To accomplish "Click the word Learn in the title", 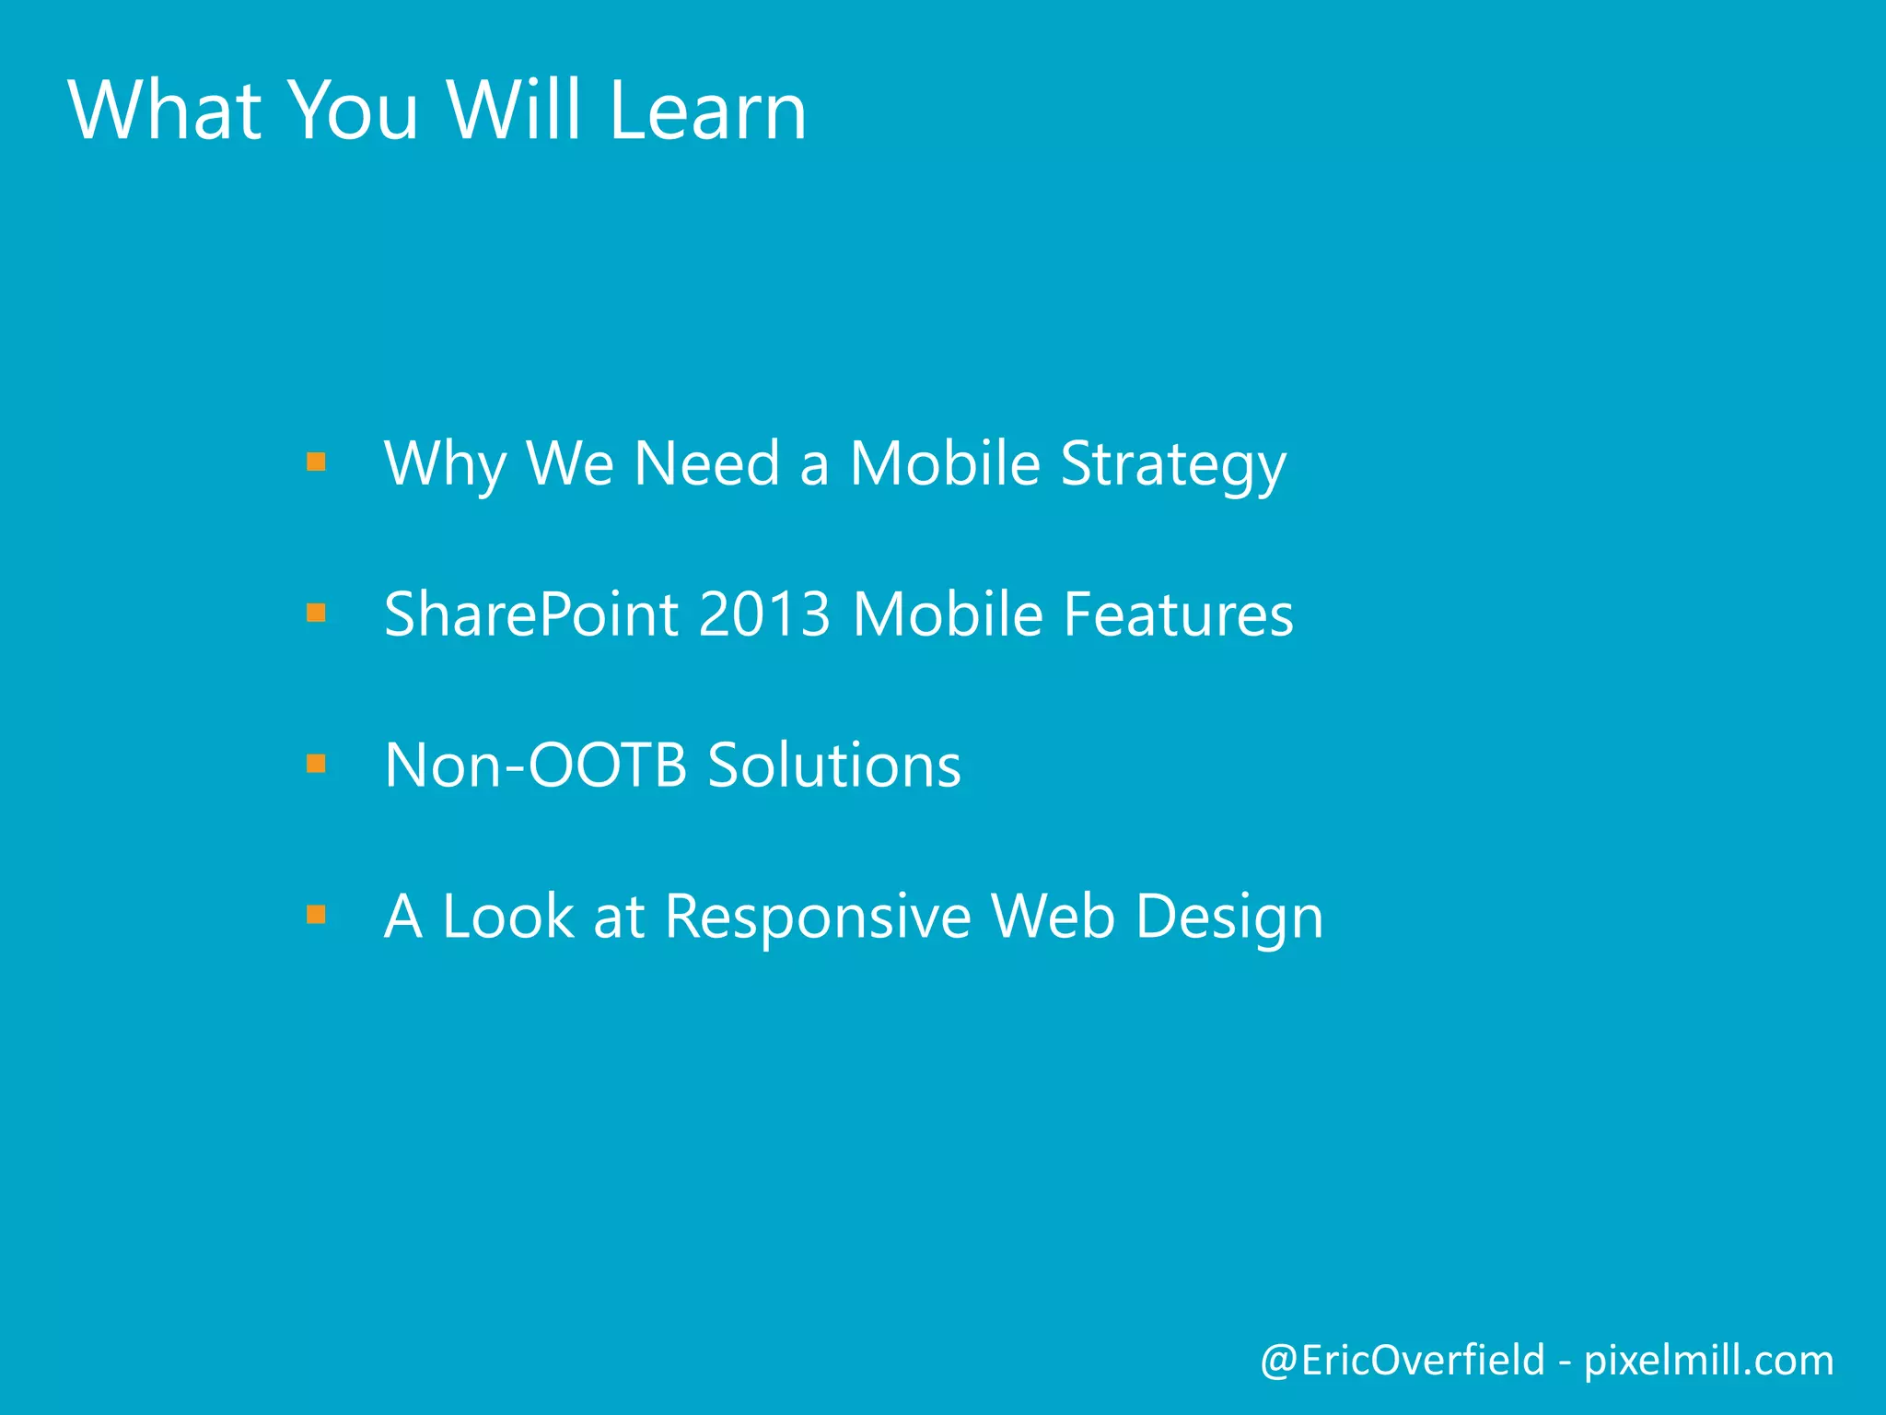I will tap(707, 111).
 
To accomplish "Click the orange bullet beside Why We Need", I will tap(316, 462).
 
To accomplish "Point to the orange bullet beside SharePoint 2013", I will tap(316, 613).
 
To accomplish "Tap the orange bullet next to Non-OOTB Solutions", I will tap(316, 764).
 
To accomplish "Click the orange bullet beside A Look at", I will tap(316, 915).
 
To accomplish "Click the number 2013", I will tap(764, 614).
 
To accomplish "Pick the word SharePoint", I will tap(531, 614).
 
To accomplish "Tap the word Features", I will tap(1178, 614).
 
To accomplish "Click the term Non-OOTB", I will tap(535, 766).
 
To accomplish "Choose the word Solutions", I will tap(834, 766).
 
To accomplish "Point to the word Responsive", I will tap(818, 917).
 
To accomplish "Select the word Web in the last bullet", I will tap(1053, 917).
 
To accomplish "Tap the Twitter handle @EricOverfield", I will tap(1402, 1361).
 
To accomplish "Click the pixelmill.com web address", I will tap(1708, 1361).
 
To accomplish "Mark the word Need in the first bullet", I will tap(707, 463).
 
